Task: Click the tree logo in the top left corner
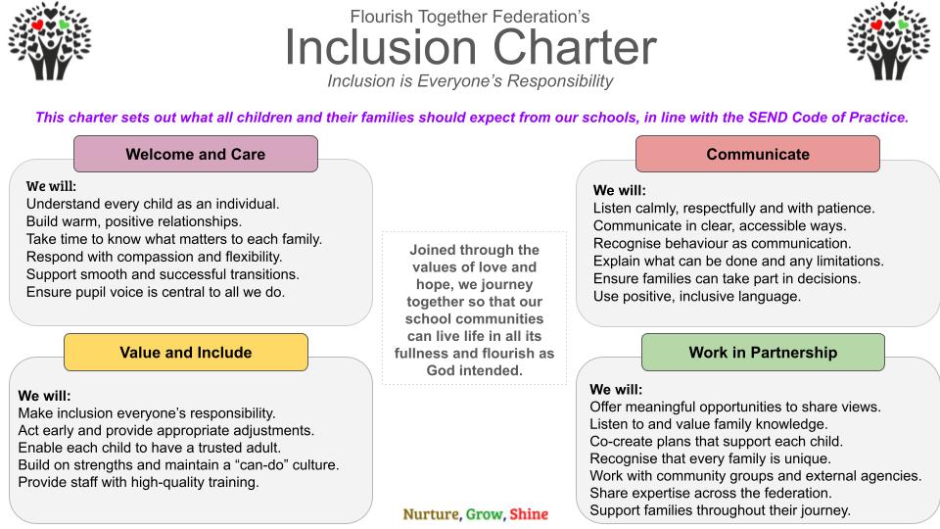50,41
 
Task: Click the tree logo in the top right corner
889,41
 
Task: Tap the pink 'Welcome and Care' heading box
196,154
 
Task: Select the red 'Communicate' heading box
758,154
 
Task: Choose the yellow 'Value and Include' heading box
186,352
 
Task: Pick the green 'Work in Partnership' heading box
763,352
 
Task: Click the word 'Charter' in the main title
575,47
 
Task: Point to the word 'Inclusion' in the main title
381,47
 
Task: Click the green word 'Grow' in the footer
484,514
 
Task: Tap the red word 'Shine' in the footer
529,514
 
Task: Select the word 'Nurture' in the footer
431,514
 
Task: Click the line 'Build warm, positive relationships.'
134,221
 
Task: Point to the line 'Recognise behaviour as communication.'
722,244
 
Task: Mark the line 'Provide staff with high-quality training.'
138,482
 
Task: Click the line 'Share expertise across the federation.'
711,493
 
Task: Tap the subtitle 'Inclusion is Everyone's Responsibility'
470,81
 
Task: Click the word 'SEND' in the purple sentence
768,117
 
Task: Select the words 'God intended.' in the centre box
474,370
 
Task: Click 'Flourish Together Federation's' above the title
470,17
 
